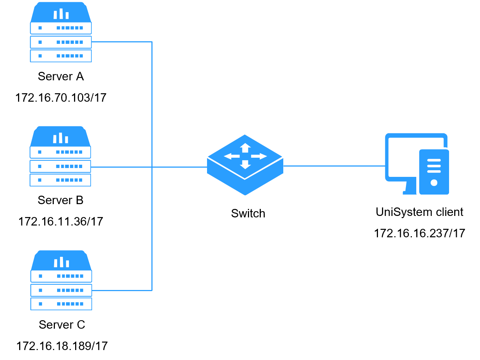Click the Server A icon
[61, 32]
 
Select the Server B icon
[60, 156]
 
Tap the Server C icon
[61, 280]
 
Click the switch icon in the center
[245, 165]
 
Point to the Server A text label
[61, 76]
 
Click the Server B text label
[60, 200]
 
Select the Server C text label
[62, 325]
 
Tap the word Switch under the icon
[248, 213]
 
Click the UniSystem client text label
[420, 212]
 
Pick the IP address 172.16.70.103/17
[61, 98]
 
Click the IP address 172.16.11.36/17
[61, 221]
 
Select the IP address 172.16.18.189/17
[62, 346]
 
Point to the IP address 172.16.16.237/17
[420, 233]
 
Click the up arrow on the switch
[245, 148]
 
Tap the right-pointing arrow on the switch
[259, 156]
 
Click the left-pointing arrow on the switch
[232, 156]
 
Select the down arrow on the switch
[245, 165]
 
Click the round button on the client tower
[434, 183]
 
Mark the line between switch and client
[334, 166]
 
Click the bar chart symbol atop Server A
[61, 14]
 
